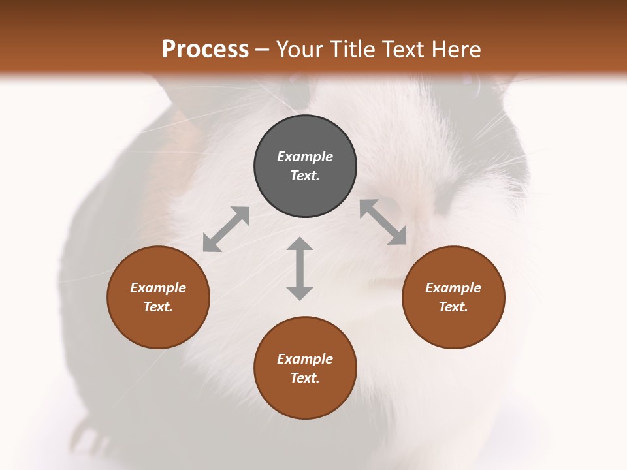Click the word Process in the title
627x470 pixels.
pyautogui.click(x=205, y=50)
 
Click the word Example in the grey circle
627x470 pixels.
pyautogui.click(x=305, y=157)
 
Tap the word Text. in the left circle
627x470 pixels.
pyautogui.click(x=158, y=307)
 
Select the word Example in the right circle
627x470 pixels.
pyautogui.click(x=453, y=288)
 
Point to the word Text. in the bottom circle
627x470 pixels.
pyautogui.click(x=305, y=378)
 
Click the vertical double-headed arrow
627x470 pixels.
pyautogui.click(x=300, y=268)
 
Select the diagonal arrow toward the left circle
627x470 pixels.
pyautogui.click(x=226, y=229)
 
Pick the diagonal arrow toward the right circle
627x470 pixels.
pyautogui.click(x=383, y=222)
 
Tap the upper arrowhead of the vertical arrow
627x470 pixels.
pyautogui.click(x=300, y=245)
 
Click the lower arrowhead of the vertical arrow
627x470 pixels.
pyautogui.click(x=300, y=292)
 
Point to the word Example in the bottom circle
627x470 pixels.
pyautogui.click(x=305, y=359)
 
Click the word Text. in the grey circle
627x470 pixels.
pyautogui.click(x=305, y=176)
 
